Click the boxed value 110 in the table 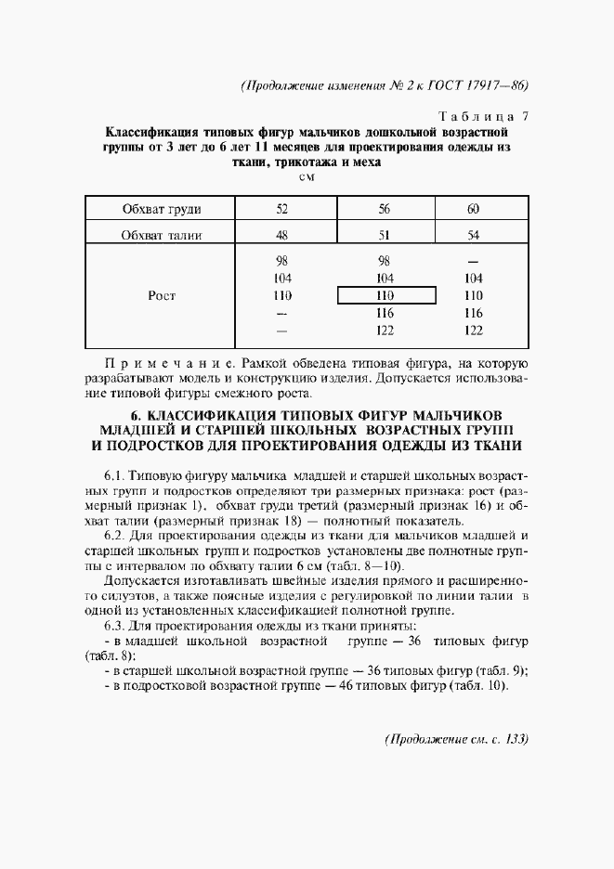pos(386,295)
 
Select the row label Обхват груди pos(162,208)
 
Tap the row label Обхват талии pos(162,235)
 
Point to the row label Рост pos(162,295)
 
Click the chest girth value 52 pos(283,208)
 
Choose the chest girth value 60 pos(473,208)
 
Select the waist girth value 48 pos(283,235)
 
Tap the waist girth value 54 pos(473,235)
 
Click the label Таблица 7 pos(482,116)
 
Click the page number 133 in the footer pos(515,739)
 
